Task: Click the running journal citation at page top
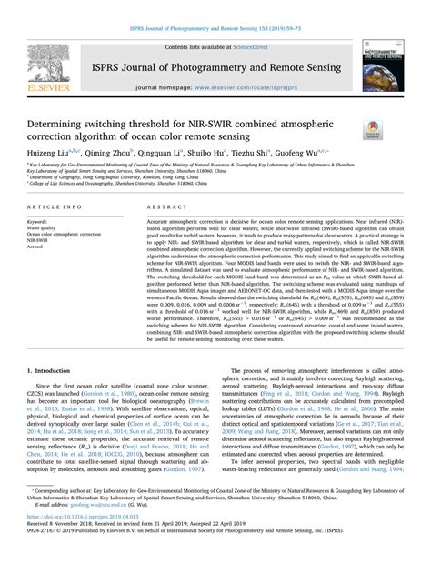[x=215, y=7]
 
